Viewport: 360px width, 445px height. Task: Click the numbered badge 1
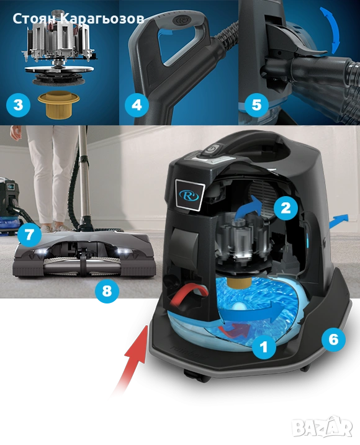coord(264,346)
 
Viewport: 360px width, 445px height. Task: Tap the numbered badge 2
coord(286,208)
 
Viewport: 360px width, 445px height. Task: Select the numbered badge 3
coord(18,105)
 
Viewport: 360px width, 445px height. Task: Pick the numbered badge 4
coord(137,105)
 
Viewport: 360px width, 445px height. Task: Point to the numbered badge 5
coord(256,105)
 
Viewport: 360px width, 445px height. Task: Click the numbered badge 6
coord(333,339)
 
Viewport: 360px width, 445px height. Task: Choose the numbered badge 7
coord(29,235)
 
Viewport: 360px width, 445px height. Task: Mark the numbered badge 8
coord(107,291)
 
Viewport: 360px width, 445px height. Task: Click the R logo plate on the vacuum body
coord(189,194)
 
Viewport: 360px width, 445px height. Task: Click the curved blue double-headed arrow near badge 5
coord(330,30)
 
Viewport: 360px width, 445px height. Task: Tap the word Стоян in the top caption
coord(35,19)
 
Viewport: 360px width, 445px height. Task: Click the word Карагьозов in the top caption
coord(103,19)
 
